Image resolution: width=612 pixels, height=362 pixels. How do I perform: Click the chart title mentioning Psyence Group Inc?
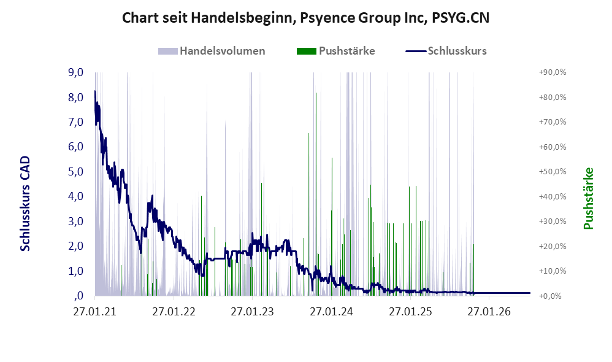pyautogui.click(x=305, y=18)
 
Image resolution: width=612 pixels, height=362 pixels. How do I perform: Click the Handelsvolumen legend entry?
pyautogui.click(x=212, y=51)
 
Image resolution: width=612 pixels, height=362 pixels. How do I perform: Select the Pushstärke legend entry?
pyautogui.click(x=335, y=51)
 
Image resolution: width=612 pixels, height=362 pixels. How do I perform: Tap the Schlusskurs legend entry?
pyautogui.click(x=446, y=51)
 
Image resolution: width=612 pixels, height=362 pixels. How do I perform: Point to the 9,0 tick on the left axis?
pyautogui.click(x=75, y=72)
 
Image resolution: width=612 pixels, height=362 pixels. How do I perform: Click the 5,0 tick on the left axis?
pyautogui.click(x=75, y=171)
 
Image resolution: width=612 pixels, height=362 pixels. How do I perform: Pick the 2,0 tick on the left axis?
pyautogui.click(x=75, y=246)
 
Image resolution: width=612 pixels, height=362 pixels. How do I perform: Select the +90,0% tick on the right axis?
pyautogui.click(x=553, y=72)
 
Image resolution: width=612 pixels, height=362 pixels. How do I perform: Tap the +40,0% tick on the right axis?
pyautogui.click(x=553, y=196)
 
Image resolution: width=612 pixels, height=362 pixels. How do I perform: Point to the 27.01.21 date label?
pyautogui.click(x=95, y=312)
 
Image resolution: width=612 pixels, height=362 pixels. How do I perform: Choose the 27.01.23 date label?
pyautogui.click(x=253, y=312)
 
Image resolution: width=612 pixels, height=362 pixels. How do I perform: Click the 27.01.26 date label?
pyautogui.click(x=489, y=312)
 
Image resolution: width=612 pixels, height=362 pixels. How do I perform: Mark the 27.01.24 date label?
pyautogui.click(x=331, y=312)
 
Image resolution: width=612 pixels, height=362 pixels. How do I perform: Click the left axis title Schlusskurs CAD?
pyautogui.click(x=25, y=204)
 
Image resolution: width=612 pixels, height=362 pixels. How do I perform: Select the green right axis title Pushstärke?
pyautogui.click(x=588, y=198)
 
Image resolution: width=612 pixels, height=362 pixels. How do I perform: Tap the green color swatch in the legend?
pyautogui.click(x=307, y=51)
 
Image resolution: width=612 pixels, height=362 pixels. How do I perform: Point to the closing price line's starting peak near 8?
pyautogui.click(x=95, y=91)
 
